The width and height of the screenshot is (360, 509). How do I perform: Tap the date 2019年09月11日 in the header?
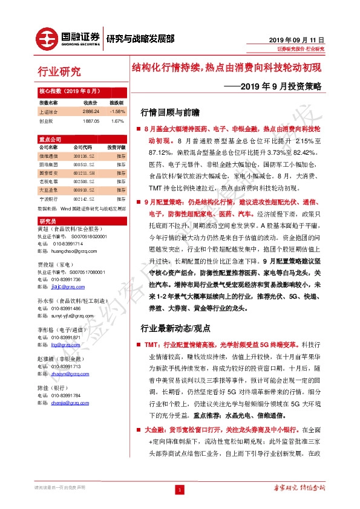pos(296,38)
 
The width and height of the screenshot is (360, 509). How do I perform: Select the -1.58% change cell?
pos(117,112)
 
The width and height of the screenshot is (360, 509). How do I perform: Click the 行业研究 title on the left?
pos(59,73)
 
